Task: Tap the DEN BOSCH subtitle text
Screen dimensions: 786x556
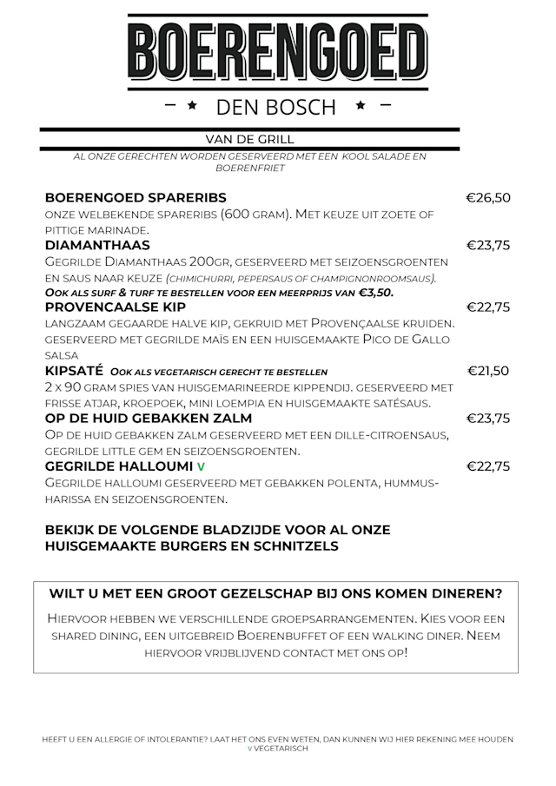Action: click(x=275, y=107)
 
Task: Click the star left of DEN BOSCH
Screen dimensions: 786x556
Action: click(x=192, y=106)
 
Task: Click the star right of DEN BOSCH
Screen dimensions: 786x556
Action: click(x=359, y=106)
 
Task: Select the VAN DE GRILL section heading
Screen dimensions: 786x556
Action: click(x=249, y=139)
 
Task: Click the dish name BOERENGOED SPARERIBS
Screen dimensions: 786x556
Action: click(x=135, y=197)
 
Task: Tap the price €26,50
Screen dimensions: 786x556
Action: click(x=487, y=197)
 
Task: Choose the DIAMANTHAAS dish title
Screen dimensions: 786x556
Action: click(x=96, y=246)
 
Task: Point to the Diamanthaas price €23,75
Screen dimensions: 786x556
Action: click(x=487, y=246)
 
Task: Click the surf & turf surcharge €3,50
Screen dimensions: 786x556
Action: click(x=376, y=293)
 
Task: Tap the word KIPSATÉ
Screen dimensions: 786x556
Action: click(x=75, y=371)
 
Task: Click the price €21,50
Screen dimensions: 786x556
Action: click(x=487, y=371)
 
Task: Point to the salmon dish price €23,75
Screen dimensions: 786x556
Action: click(x=487, y=419)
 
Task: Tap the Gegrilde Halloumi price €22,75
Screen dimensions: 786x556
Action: click(x=487, y=467)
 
